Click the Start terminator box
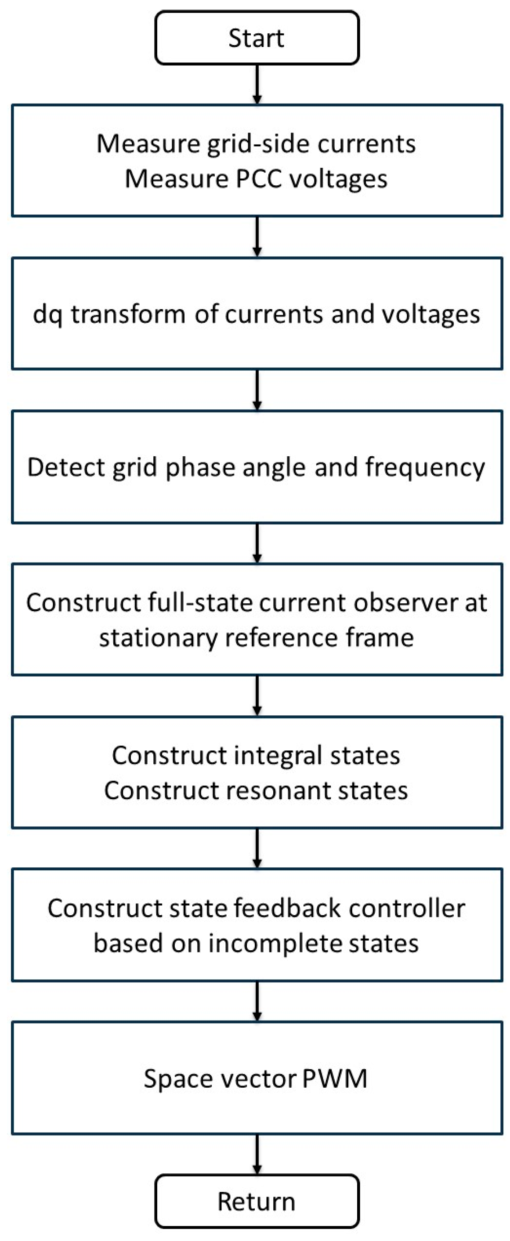point(257,38)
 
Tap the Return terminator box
point(257,1201)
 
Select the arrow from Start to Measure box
point(257,84)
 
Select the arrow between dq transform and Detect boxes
point(257,389)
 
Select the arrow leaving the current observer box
point(257,695)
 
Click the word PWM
point(335,1078)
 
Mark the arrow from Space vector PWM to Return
point(257,1154)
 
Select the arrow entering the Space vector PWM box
point(257,1001)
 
